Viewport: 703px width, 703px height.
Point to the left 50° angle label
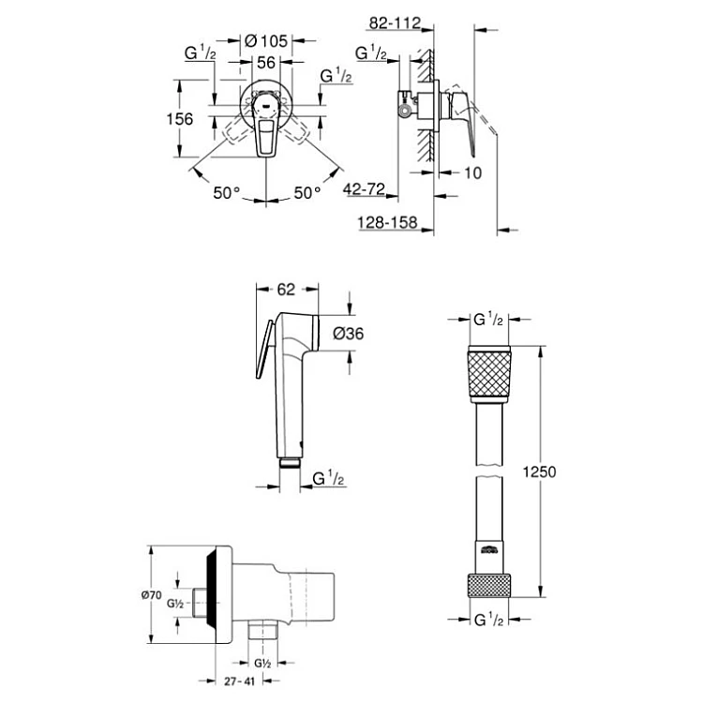(x=226, y=192)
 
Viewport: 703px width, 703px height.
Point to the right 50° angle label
(x=307, y=192)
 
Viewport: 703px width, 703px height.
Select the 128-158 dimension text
(x=386, y=222)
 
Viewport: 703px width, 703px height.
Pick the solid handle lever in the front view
(x=266, y=134)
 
